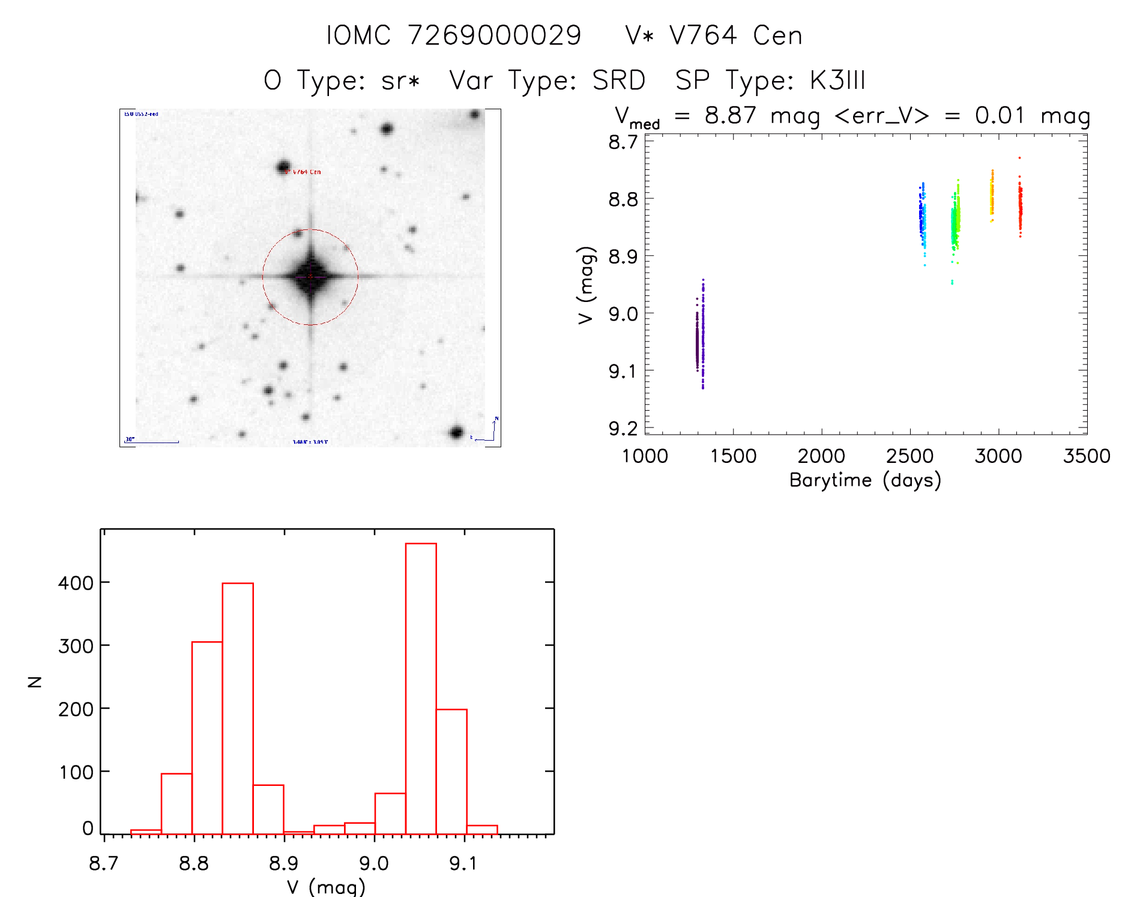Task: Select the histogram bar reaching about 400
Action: point(238,708)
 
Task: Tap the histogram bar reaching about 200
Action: point(451,772)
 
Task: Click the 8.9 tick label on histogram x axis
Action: point(283,863)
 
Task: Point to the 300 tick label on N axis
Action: point(76,646)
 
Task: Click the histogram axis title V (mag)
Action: point(326,887)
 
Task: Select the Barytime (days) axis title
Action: point(865,480)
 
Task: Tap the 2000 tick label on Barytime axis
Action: point(821,456)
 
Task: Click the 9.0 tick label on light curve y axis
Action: point(623,314)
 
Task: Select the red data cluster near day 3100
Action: point(1020,207)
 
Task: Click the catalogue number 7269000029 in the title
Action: point(494,35)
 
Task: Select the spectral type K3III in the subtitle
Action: point(837,80)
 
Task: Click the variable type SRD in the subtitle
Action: point(619,80)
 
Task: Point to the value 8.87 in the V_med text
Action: point(730,115)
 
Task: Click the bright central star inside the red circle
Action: point(310,277)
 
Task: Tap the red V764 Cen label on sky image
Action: point(303,172)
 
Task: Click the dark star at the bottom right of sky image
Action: point(456,432)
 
